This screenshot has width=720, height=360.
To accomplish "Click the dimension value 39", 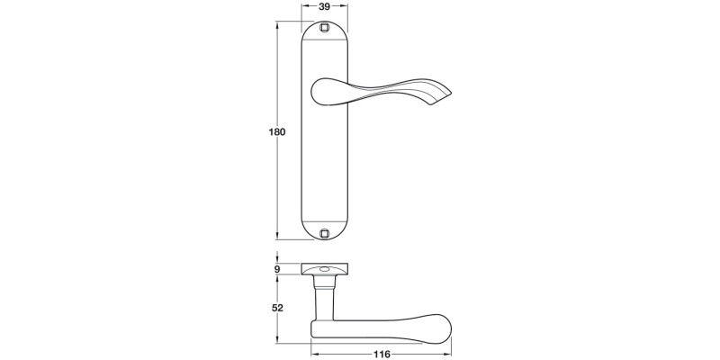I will tap(325, 6).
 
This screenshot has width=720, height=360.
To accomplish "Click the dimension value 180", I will tap(277, 132).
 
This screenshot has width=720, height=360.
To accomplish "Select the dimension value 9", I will tap(278, 269).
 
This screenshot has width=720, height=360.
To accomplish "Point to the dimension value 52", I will tap(278, 308).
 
